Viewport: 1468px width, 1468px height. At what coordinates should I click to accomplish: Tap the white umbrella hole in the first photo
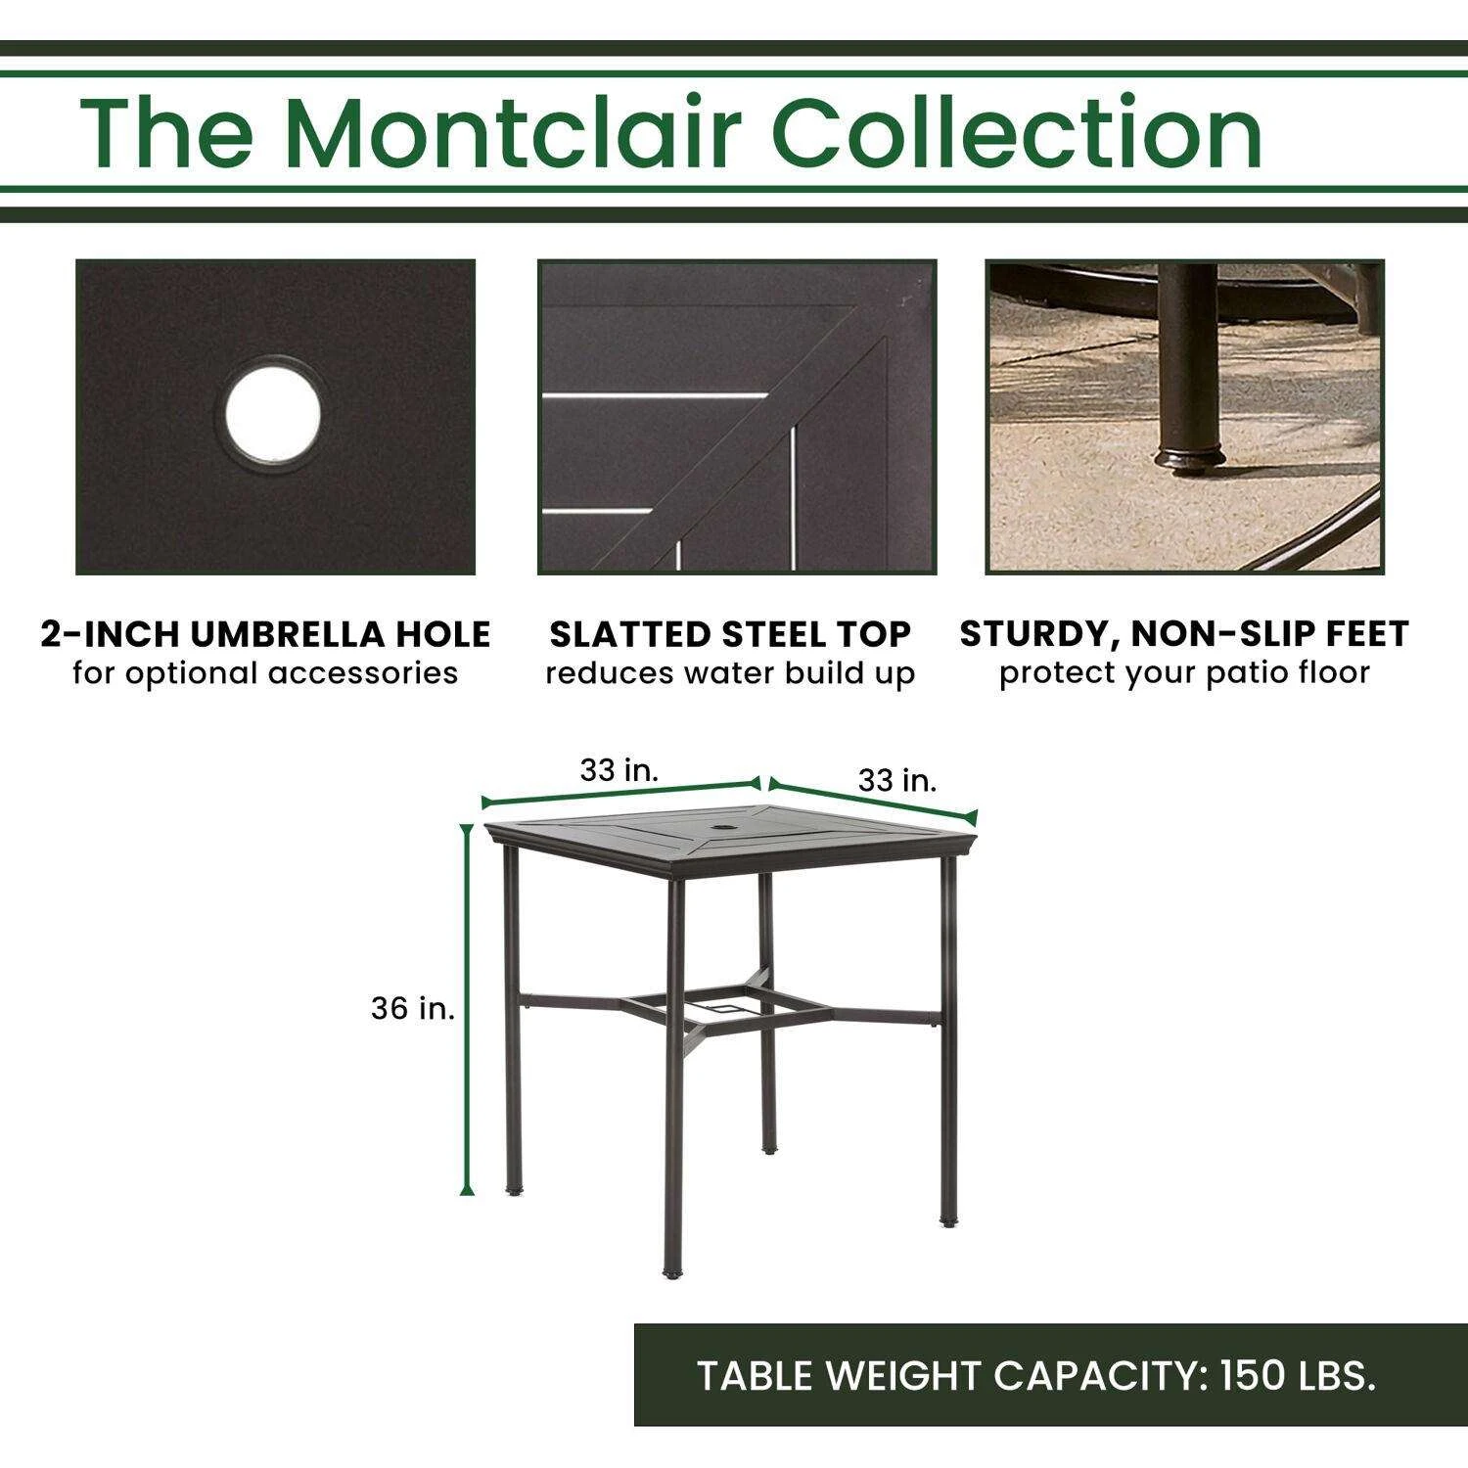(x=273, y=414)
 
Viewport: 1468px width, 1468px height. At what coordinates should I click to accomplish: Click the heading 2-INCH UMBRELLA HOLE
(x=265, y=634)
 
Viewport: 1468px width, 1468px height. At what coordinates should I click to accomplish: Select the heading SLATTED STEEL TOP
(x=730, y=634)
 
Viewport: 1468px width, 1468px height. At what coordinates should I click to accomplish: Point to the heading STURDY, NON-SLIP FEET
(x=1184, y=634)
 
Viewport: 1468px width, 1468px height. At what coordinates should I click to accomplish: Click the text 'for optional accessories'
(x=265, y=674)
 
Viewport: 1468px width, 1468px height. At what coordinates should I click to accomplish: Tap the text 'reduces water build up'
(x=730, y=674)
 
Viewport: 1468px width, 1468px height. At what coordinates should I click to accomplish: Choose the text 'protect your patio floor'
(x=1184, y=674)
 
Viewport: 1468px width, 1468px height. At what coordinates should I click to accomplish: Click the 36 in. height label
(x=413, y=1008)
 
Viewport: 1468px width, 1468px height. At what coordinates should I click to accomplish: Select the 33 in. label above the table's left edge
(x=619, y=770)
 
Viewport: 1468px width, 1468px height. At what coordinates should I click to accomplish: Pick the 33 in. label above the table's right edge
(x=897, y=780)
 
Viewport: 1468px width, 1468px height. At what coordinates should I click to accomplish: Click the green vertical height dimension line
(x=467, y=1009)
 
